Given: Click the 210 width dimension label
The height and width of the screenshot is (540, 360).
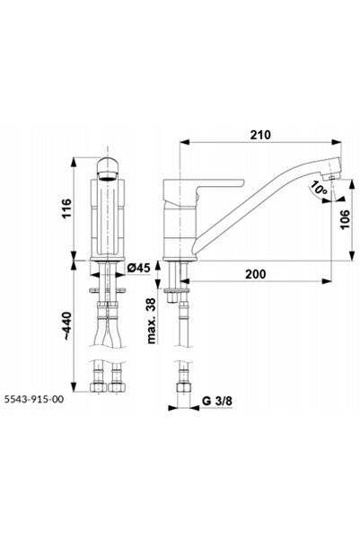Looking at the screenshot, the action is coord(260,135).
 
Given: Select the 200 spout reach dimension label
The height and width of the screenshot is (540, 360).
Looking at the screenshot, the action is coord(255,274).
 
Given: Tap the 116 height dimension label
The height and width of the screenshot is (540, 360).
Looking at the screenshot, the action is coord(66,208).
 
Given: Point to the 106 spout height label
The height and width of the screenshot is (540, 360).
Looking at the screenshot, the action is coord(344,219).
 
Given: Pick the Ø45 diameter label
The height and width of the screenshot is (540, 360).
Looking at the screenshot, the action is coord(138,267).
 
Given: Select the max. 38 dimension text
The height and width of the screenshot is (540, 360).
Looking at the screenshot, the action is coord(151,321).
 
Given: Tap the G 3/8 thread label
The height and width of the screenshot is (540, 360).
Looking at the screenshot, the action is coord(217,401).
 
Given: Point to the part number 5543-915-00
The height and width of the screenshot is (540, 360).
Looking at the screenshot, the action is coord(34,399).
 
